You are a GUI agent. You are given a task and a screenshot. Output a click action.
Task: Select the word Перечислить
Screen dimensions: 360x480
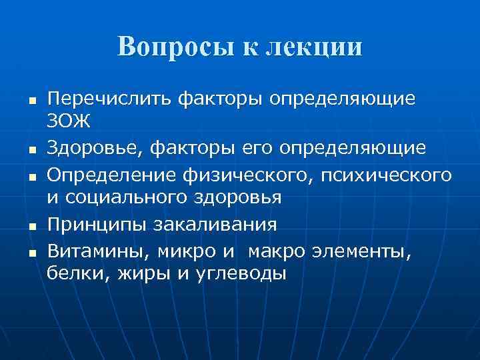coord(109,99)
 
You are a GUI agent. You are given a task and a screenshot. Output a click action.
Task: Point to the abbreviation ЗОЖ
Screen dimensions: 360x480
coord(69,122)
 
